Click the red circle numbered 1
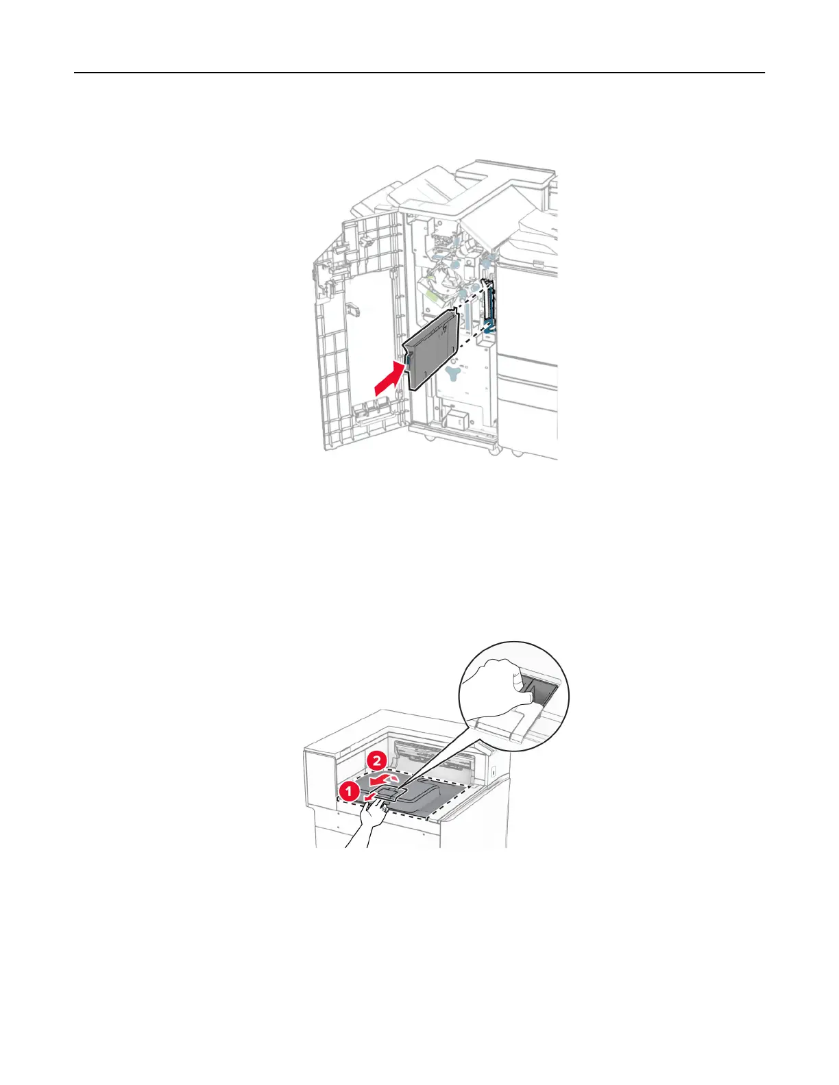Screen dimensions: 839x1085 point(348,792)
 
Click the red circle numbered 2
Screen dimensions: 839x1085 point(375,760)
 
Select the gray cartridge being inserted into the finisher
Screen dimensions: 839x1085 point(432,349)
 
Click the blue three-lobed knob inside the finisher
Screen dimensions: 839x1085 point(453,373)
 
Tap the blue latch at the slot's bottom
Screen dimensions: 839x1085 point(489,329)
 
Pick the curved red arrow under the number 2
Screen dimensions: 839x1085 point(382,780)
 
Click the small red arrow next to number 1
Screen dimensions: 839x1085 point(370,798)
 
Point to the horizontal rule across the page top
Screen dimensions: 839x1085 point(419,73)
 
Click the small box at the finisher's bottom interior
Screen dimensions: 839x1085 point(454,416)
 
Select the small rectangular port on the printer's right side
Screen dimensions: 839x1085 point(494,771)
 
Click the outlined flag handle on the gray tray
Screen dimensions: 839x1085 point(389,793)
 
